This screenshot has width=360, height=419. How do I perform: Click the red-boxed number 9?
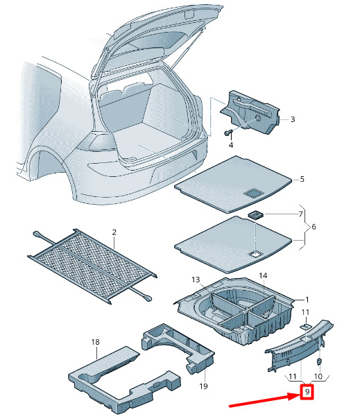pos(307,392)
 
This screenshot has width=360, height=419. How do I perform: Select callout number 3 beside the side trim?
pos(293,119)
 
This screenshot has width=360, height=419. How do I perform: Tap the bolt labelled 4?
pos(228,132)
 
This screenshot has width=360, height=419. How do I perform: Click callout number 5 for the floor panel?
pos(302,179)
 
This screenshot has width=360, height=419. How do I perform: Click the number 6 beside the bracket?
pos(314,227)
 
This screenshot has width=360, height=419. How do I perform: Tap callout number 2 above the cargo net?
pos(114,232)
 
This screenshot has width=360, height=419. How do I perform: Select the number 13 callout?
pos(196,280)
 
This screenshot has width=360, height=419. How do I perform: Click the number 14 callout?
pos(263,275)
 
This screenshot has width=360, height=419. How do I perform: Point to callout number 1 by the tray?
pos(307,300)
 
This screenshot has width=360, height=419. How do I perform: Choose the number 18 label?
pos(95,342)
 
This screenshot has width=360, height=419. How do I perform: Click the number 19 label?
pos(203,386)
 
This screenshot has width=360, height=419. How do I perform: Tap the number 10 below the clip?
pos(318,377)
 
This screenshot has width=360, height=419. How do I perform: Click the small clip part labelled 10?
pos(319,362)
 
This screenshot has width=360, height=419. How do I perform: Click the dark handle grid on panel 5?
pos(254,193)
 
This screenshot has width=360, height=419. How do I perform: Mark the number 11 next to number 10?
pos(293,377)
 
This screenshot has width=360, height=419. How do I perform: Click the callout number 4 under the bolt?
pos(231,145)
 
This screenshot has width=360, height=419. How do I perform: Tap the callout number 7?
pos(300,214)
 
